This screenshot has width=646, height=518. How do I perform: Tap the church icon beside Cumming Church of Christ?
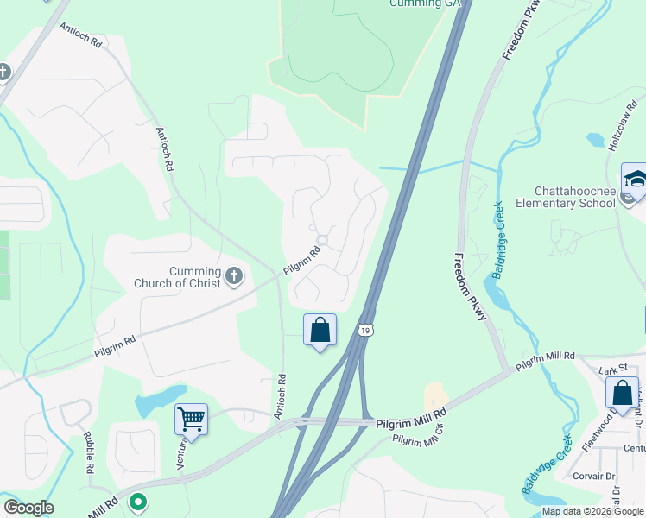[x=233, y=276]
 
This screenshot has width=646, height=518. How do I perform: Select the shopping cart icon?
[x=191, y=420]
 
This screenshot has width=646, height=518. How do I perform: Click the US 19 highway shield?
[x=367, y=331]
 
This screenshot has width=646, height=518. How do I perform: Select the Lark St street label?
[x=611, y=370]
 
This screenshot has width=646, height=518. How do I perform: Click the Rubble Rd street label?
[x=89, y=452]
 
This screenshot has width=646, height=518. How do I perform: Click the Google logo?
[x=28, y=508]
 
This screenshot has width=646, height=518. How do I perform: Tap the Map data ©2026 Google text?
[x=592, y=511]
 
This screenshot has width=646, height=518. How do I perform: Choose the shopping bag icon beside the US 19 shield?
[x=320, y=329]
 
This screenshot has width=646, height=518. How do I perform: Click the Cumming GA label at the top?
[x=424, y=3]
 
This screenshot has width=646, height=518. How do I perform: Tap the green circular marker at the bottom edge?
[x=136, y=502]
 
